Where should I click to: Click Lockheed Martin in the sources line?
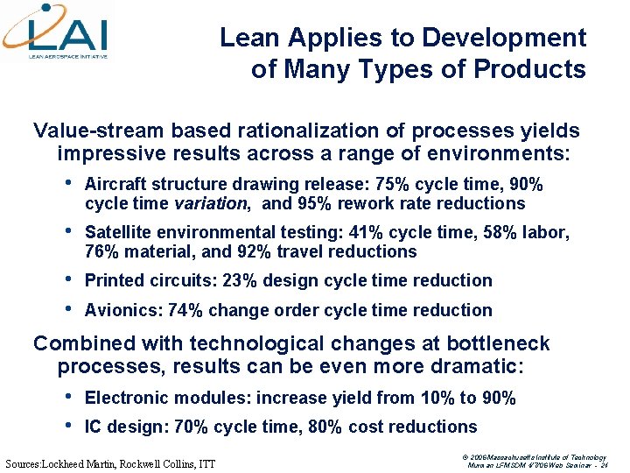[x=94, y=462]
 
